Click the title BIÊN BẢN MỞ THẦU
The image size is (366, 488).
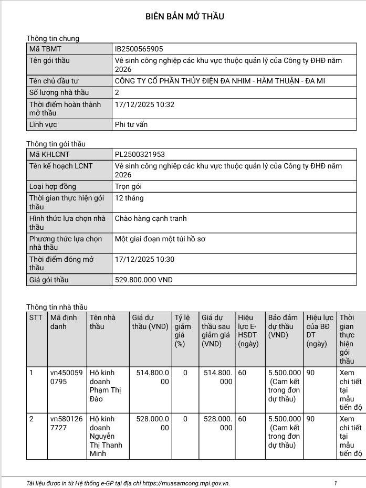[185, 16]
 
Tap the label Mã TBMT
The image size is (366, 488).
[45, 49]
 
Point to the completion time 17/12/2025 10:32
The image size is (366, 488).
[144, 104]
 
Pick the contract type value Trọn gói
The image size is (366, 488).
[129, 186]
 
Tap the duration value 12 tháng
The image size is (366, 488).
[129, 198]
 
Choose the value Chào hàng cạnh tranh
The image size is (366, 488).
[151, 218]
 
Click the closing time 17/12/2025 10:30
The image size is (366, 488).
[144, 259]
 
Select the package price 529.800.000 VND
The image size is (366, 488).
[143, 280]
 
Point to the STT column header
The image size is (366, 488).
[36, 317]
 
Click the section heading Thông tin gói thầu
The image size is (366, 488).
[56, 144]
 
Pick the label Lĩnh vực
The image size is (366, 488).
[43, 124]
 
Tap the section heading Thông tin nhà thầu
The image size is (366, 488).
[57, 307]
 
